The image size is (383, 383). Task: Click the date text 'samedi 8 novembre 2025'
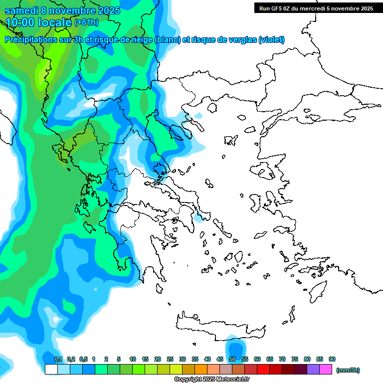pos(62,10)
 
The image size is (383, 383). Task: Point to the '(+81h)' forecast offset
pos(86,22)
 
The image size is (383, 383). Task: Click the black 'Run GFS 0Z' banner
pos(316,8)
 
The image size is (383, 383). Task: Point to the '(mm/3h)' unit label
pos(348,370)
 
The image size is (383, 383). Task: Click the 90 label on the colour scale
pos(332,359)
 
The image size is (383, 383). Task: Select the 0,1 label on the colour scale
pos(58,359)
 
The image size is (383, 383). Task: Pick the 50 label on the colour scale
pos(232,359)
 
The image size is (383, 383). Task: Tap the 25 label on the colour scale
pos(170,359)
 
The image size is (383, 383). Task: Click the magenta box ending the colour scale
pos(326,370)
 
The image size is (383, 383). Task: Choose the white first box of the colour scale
pos(51,370)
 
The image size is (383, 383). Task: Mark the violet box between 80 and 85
pos(313,370)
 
